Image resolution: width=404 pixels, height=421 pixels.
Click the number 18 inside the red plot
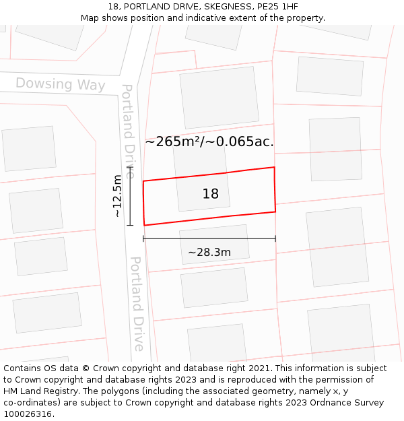pyautogui.click(x=211, y=194)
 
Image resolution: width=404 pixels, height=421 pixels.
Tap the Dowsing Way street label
pyautogui.click(x=61, y=84)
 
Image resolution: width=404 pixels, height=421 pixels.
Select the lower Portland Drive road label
pyautogui.click(x=137, y=303)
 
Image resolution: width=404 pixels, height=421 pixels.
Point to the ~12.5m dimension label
pyautogui.click(x=117, y=196)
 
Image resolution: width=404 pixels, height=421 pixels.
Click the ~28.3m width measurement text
pyautogui.click(x=209, y=253)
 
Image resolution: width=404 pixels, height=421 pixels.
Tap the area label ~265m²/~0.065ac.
pyautogui.click(x=209, y=141)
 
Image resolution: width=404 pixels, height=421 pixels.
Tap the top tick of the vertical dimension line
pyautogui.click(x=130, y=167)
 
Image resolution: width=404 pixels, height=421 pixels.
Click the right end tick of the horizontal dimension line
pyautogui.click(x=275, y=238)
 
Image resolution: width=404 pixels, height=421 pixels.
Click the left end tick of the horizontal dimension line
pyautogui.click(x=143, y=238)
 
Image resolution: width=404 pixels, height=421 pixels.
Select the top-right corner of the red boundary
pyautogui.click(x=274, y=167)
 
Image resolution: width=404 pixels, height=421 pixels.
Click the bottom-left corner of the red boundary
pyautogui.click(x=144, y=225)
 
